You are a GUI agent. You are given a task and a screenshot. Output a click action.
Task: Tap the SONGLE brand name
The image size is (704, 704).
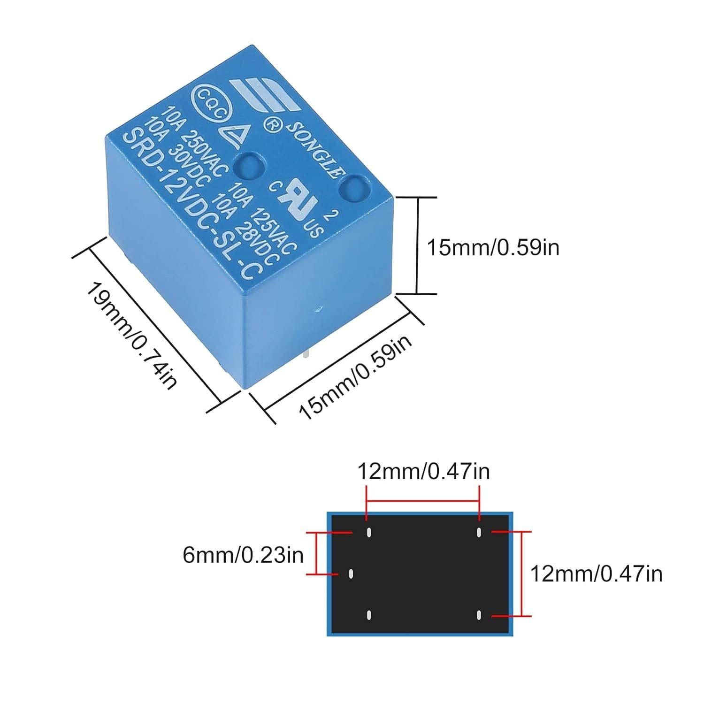[x=313, y=150]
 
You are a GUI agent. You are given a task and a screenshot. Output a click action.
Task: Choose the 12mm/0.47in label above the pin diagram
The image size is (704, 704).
[x=423, y=471]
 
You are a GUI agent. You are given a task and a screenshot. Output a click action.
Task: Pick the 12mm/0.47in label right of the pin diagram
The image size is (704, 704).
[x=596, y=574]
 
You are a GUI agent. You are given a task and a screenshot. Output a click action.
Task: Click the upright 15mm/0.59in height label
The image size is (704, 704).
[x=493, y=247]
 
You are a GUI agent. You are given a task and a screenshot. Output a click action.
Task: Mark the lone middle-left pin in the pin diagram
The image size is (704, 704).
[x=351, y=574]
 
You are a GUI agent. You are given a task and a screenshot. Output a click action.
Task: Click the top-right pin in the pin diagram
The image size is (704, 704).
[x=479, y=532]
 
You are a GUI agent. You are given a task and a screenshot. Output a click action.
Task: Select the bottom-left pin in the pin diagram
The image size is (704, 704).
[x=369, y=614]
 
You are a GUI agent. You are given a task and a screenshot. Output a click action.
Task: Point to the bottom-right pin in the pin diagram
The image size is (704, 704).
[x=479, y=614]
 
